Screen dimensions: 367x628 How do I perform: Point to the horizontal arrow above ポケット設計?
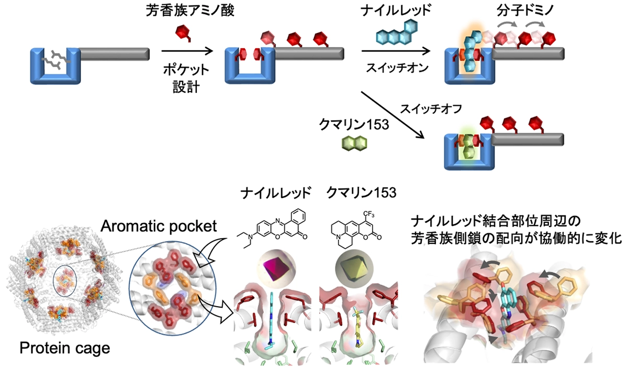click(x=187, y=51)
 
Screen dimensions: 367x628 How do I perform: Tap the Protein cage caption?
click(x=58, y=348)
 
